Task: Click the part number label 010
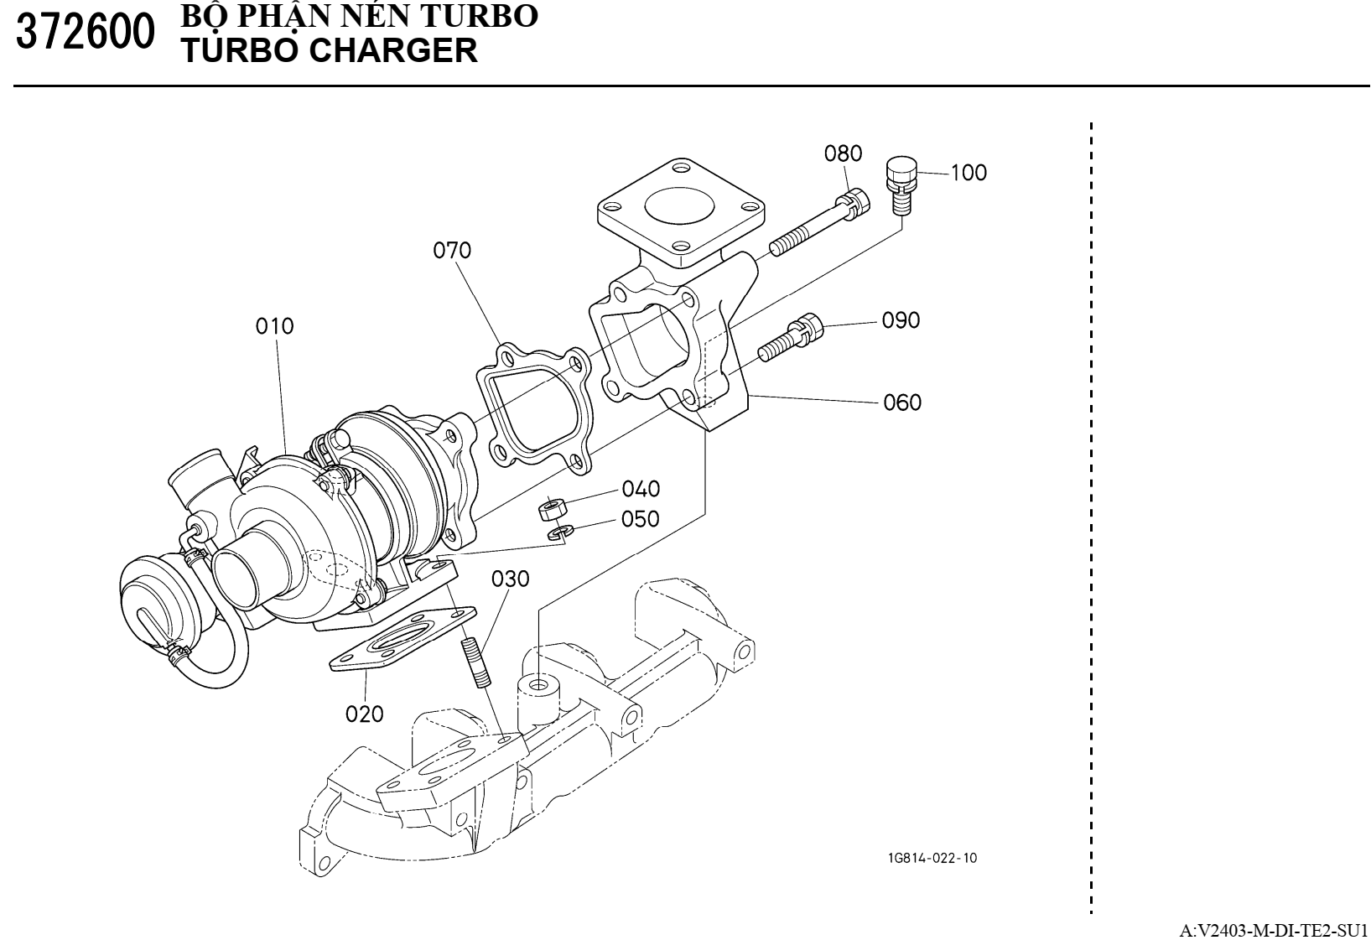pyautogui.click(x=275, y=325)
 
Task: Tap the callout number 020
pyautogui.click(x=365, y=714)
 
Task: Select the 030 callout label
pyautogui.click(x=511, y=579)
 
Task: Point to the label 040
pyautogui.click(x=641, y=488)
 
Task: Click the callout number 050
pyautogui.click(x=641, y=519)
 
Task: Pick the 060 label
pyautogui.click(x=902, y=402)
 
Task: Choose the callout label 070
pyautogui.click(x=452, y=250)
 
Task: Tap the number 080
pyautogui.click(x=843, y=153)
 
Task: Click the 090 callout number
pyautogui.click(x=901, y=320)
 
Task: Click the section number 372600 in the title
pyautogui.click(x=86, y=34)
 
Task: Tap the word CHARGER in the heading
pyautogui.click(x=394, y=51)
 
